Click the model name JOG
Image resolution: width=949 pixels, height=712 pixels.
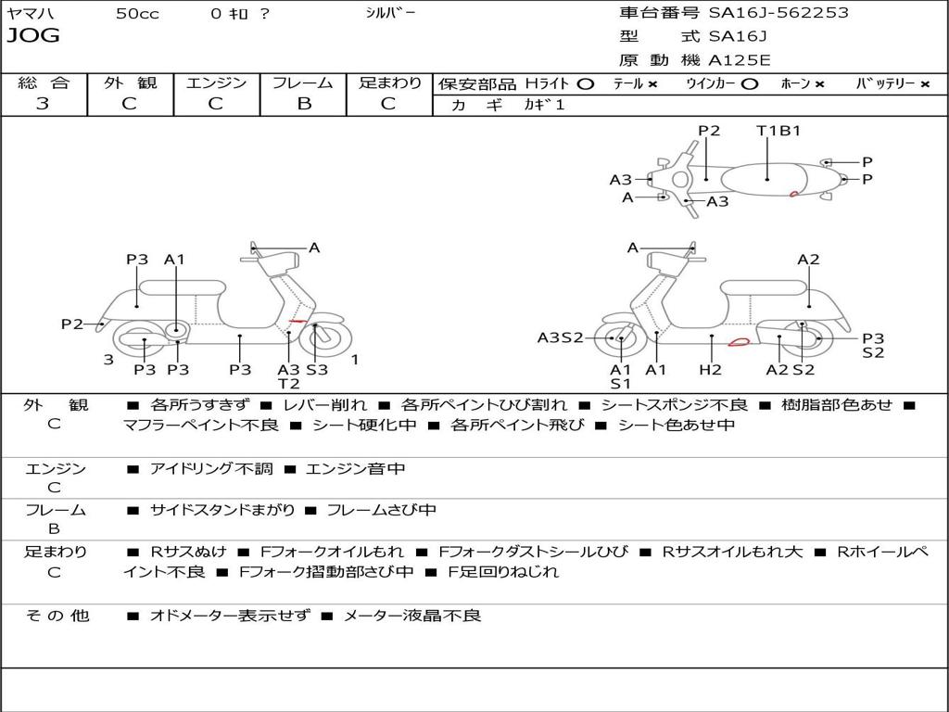[33, 36]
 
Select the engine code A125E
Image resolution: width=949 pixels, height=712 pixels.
[740, 61]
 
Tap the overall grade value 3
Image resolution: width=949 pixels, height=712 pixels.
[43, 104]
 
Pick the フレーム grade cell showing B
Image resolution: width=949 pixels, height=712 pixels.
[303, 104]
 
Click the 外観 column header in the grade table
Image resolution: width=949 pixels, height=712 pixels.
[130, 83]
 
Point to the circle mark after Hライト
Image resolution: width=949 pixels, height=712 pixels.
[585, 83]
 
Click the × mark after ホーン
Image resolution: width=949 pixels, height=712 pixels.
[819, 83]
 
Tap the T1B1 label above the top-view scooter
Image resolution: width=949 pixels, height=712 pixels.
[778, 131]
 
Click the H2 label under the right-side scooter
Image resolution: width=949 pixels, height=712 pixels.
[710, 370]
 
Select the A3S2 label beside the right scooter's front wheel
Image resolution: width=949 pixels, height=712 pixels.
[561, 337]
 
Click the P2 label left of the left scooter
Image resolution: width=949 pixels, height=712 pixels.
[72, 324]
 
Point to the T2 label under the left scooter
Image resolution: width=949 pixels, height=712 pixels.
[289, 384]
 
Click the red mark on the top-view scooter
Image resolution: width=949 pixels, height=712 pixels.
[794, 193]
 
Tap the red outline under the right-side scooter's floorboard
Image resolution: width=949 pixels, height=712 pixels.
[739, 342]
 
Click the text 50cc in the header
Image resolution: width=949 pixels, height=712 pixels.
[137, 14]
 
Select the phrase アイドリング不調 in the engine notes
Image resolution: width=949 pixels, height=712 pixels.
[211, 469]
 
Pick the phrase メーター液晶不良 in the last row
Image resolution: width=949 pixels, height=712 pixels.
[412, 616]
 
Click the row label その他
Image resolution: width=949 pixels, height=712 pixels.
[57, 616]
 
